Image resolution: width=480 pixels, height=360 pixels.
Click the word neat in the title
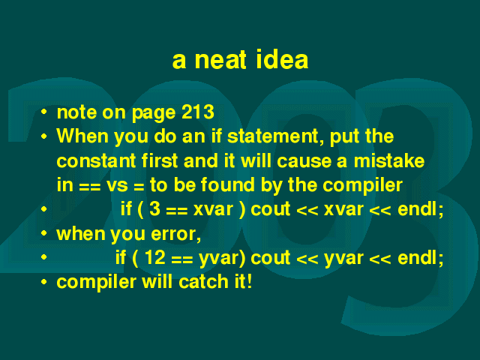tap(220, 60)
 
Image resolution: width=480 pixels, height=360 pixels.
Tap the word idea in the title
tap(282, 58)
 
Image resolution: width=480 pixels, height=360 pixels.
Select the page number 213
tap(198, 112)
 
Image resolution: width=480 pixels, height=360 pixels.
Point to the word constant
tap(96, 160)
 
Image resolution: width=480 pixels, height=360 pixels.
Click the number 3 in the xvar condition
tap(155, 209)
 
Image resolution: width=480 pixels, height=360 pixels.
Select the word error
tap(175, 234)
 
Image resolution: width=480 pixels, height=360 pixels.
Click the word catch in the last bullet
tap(203, 282)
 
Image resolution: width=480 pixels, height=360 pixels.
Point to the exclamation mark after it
tap(249, 282)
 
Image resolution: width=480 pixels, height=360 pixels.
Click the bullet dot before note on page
tap(44, 112)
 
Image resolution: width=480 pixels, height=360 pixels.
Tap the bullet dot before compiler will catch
tap(44, 282)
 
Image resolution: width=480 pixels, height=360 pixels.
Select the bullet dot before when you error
tap(44, 233)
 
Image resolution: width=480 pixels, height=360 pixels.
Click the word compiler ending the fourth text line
tap(363, 186)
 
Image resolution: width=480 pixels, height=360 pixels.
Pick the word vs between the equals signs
tap(117, 186)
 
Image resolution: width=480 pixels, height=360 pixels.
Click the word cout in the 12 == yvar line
tap(270, 258)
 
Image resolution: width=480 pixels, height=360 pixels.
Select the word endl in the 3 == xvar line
tap(420, 209)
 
